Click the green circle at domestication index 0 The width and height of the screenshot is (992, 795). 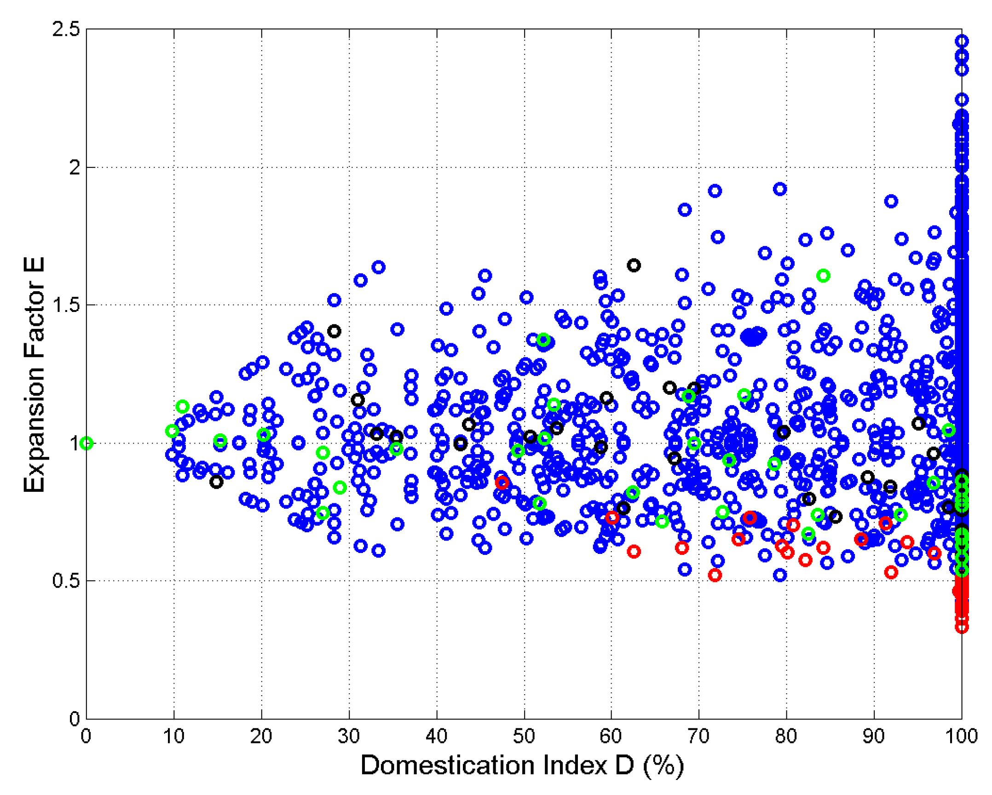tap(87, 443)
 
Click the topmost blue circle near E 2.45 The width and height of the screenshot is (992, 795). tap(961, 41)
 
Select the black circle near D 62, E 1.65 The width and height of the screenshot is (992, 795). tap(634, 265)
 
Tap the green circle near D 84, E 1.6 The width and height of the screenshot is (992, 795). tap(823, 276)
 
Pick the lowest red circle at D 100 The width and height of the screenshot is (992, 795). tap(961, 627)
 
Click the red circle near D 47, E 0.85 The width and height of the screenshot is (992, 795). tap(502, 483)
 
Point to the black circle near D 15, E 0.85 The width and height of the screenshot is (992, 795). tap(216, 482)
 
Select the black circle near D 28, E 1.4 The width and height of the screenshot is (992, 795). tap(334, 331)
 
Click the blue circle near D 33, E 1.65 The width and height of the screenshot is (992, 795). tap(378, 267)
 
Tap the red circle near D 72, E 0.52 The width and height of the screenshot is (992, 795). tap(715, 575)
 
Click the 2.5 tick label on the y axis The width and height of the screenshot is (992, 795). tap(66, 29)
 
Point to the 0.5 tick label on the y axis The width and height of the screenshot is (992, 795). tap(66, 581)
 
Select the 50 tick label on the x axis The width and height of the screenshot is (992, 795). tap(524, 737)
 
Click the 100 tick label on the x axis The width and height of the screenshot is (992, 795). tap(961, 737)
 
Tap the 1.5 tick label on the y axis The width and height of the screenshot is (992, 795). tap(66, 305)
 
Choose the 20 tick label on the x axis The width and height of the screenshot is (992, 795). tap(261, 737)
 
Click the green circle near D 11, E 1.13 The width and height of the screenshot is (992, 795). tap(183, 406)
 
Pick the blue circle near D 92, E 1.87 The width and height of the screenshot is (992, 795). tap(891, 201)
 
